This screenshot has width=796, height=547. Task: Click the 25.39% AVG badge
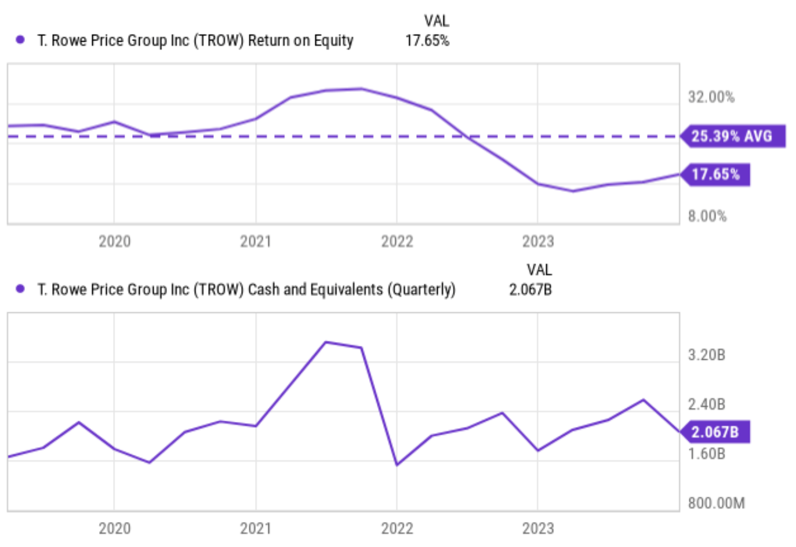[x=732, y=136]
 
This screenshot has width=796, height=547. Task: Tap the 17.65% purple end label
[x=715, y=174]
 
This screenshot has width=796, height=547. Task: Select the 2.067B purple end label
[x=715, y=432]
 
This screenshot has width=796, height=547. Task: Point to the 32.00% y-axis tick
[x=711, y=97]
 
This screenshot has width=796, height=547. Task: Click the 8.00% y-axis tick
[x=707, y=216]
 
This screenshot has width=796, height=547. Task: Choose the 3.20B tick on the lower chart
[x=706, y=355]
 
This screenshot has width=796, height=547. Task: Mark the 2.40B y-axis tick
[x=706, y=404]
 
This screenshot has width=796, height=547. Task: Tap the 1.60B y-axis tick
[x=706, y=454]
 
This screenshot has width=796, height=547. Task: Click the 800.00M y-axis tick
[x=716, y=503]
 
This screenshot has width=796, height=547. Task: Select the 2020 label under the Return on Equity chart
[x=114, y=241]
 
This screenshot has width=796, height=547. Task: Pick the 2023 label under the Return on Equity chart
[x=537, y=241]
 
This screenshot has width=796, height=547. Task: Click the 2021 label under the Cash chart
[x=255, y=528]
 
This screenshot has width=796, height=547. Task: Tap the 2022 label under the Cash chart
[x=397, y=528]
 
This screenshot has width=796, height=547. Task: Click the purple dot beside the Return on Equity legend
[x=20, y=40]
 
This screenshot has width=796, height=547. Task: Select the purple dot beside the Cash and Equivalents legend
[x=20, y=289]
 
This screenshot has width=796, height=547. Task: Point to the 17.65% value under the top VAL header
[x=427, y=41]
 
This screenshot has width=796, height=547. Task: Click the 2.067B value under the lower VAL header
[x=530, y=289]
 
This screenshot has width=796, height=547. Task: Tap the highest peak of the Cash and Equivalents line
[x=326, y=342]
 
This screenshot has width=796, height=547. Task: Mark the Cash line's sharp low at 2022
[x=397, y=464]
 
